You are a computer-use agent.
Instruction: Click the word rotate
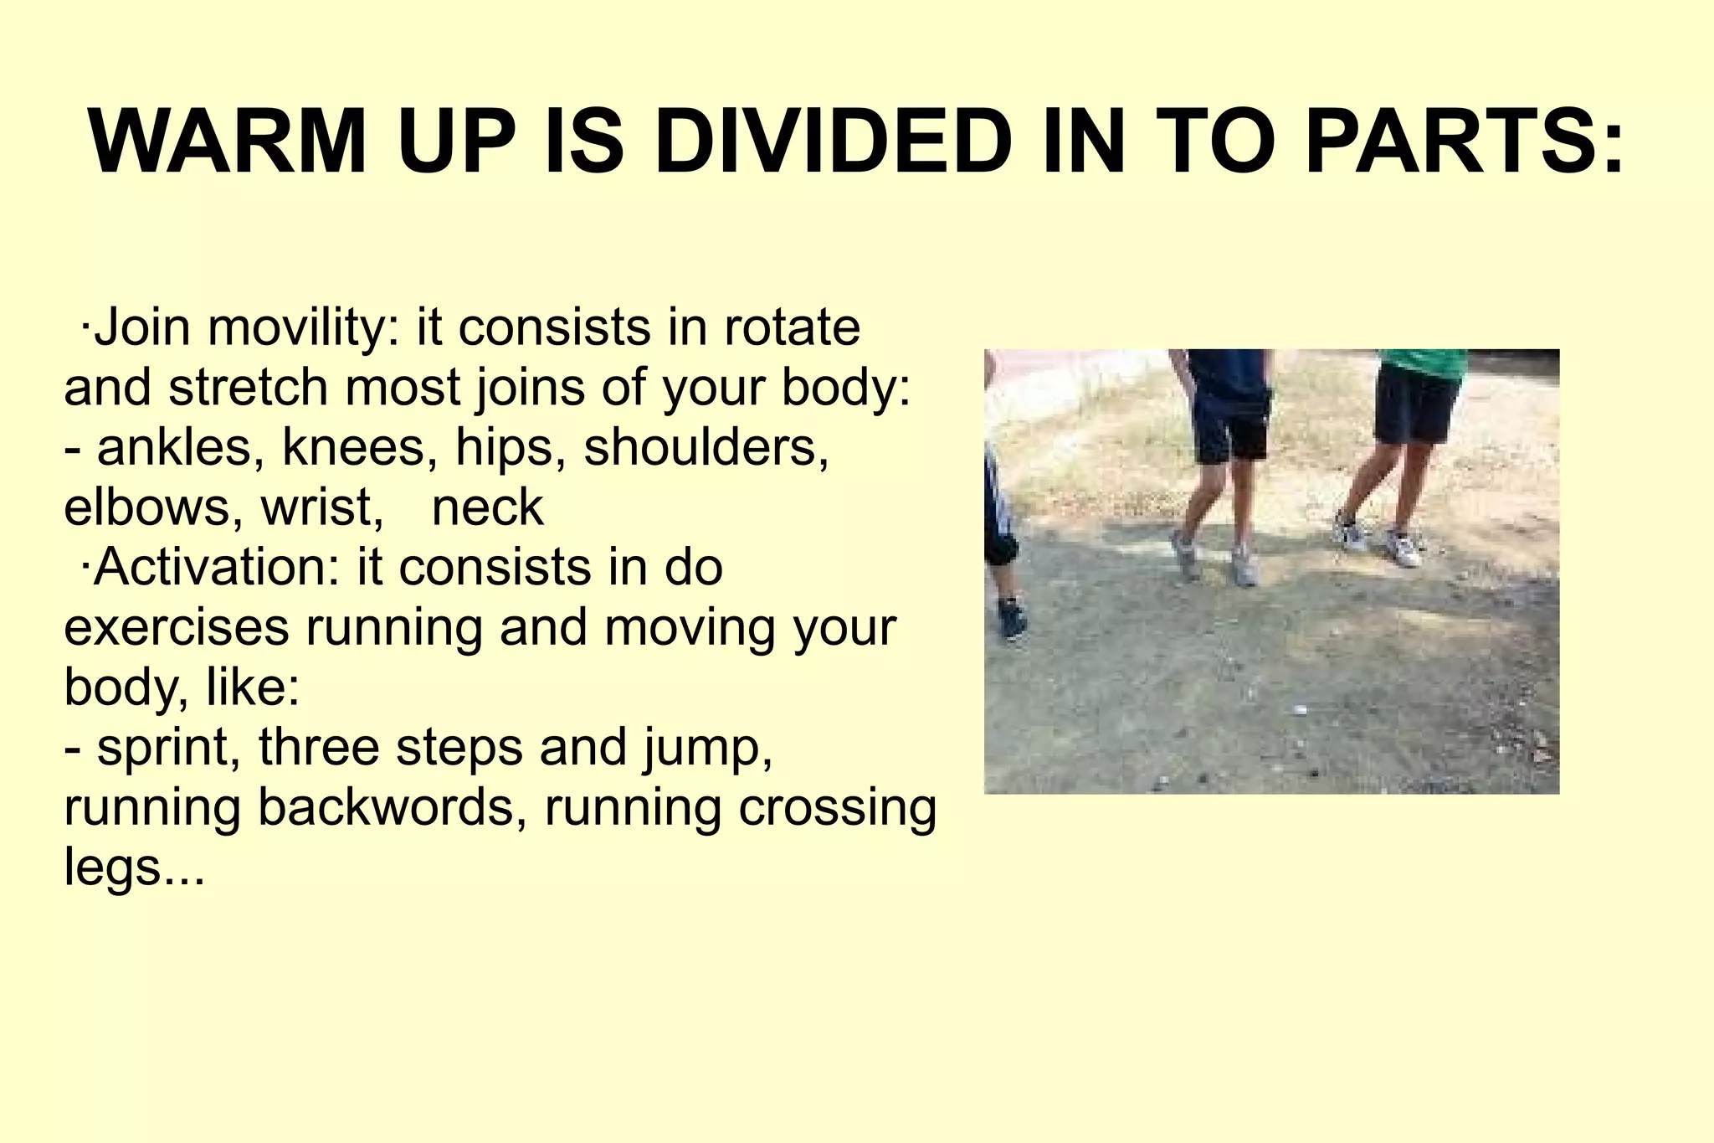pyautogui.click(x=792, y=327)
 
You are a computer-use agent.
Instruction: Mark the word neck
pyautogui.click(x=488, y=508)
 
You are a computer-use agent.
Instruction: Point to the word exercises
pyautogui.click(x=176, y=628)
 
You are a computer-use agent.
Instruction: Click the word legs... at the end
pyautogui.click(x=134, y=868)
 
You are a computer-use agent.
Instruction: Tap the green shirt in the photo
pyautogui.click(x=1424, y=362)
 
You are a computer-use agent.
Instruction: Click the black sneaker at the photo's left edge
pyautogui.click(x=1012, y=620)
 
